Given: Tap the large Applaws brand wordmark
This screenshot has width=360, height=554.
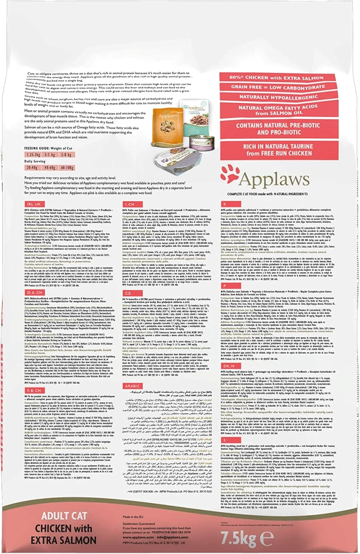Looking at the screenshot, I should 274,179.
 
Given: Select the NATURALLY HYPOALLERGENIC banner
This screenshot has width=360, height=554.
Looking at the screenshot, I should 278,97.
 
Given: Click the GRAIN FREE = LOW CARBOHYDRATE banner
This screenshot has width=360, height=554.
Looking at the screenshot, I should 278,87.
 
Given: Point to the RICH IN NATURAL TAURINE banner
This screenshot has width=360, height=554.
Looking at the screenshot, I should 278,150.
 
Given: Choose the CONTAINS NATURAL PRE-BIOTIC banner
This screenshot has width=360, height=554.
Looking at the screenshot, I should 278,129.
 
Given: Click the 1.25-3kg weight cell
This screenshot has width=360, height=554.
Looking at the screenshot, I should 33,155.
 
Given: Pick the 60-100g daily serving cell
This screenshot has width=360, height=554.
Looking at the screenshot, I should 67,168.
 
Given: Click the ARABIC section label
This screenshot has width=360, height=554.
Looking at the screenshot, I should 132,386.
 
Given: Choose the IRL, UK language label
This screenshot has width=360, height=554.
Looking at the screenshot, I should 34,204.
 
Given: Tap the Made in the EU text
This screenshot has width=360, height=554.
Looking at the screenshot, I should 131,517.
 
